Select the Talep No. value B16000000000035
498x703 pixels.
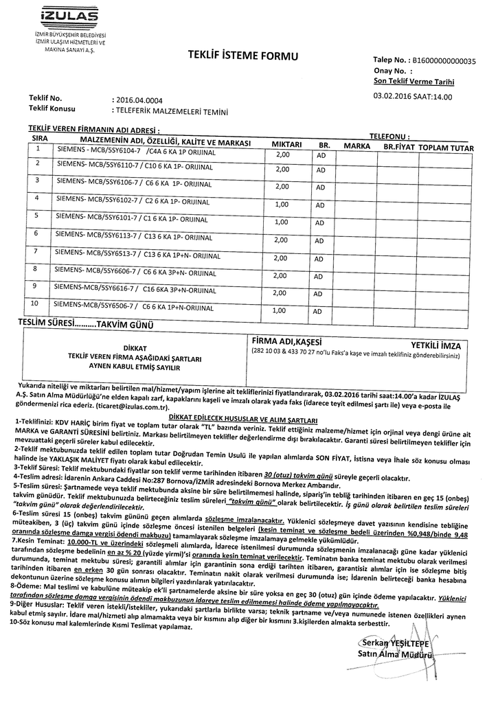tap(441, 60)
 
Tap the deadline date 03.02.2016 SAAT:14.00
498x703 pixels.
tap(413, 97)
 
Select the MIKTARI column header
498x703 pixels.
tap(287, 145)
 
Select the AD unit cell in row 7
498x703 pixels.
tap(320, 259)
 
